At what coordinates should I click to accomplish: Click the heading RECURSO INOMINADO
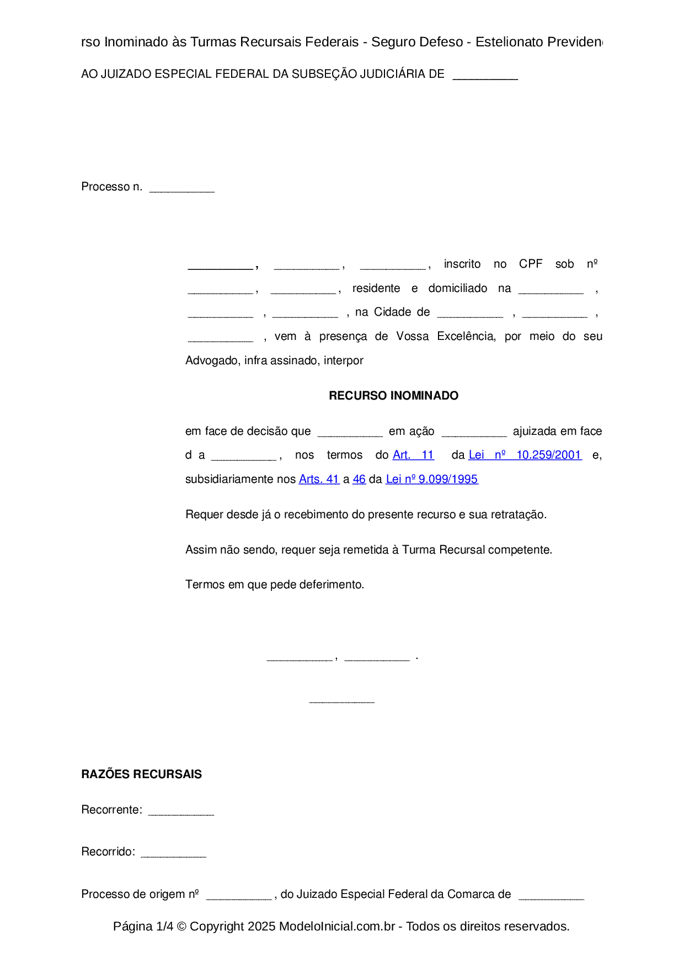coord(393,396)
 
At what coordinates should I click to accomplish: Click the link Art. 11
coord(413,455)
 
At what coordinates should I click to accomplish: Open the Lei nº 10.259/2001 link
coord(525,455)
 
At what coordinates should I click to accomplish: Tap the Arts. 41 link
coord(319,480)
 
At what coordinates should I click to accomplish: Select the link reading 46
coord(359,480)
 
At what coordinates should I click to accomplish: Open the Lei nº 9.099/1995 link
coord(431,480)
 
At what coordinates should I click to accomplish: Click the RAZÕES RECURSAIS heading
coord(141,774)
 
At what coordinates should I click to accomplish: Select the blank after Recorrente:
coord(181,812)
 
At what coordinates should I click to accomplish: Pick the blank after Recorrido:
coord(173,854)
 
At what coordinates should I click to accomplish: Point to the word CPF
coord(531,264)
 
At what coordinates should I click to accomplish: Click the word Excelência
coord(466,337)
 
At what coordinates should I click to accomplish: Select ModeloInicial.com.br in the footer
coord(336,927)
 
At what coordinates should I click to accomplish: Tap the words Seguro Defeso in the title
coord(417,42)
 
